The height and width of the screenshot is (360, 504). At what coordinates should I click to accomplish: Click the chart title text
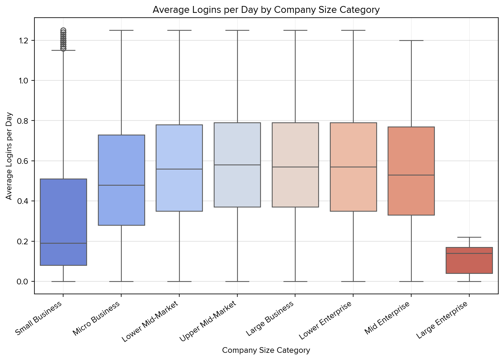(x=266, y=10)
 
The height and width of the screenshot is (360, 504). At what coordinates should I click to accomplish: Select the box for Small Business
(x=63, y=222)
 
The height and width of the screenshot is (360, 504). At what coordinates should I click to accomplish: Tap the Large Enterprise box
(x=469, y=260)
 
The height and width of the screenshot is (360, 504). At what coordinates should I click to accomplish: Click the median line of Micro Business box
(x=121, y=185)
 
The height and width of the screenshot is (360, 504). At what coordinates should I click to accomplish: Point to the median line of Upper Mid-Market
(x=237, y=165)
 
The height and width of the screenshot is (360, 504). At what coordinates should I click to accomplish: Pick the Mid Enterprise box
(x=411, y=171)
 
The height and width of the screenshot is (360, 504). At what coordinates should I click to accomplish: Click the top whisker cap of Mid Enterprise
(x=411, y=40)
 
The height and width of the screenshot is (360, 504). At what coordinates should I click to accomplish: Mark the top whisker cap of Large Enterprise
(x=469, y=237)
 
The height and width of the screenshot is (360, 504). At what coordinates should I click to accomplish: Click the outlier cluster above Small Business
(x=63, y=39)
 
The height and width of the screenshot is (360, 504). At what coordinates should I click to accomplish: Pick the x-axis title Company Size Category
(x=266, y=350)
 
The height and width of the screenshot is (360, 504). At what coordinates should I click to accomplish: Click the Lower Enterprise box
(x=353, y=167)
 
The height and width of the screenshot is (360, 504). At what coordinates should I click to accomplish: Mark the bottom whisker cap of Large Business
(x=295, y=282)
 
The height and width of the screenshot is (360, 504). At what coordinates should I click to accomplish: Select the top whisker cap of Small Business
(x=63, y=50)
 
